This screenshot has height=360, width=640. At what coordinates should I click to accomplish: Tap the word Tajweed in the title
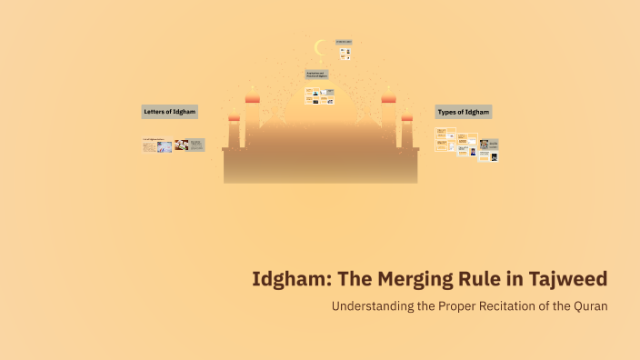pyautogui.click(x=567, y=279)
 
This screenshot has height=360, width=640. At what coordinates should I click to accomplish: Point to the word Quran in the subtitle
pyautogui.click(x=589, y=306)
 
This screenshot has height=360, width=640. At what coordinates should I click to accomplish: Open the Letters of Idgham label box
pyautogui.click(x=170, y=111)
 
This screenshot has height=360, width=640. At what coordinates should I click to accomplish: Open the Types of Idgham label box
pyautogui.click(x=464, y=112)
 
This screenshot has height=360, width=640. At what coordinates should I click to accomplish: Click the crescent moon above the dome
pyautogui.click(x=319, y=47)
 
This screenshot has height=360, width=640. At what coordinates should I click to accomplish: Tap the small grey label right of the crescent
pyautogui.click(x=344, y=42)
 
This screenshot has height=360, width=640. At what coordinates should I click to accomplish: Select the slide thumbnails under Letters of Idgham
pyautogui.click(x=173, y=145)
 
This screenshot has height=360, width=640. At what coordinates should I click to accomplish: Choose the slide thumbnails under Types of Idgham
pyautogui.click(x=466, y=144)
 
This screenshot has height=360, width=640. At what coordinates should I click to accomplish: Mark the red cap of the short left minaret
pyautogui.click(x=234, y=116)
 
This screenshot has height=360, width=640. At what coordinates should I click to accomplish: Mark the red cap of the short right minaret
pyautogui.click(x=406, y=116)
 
